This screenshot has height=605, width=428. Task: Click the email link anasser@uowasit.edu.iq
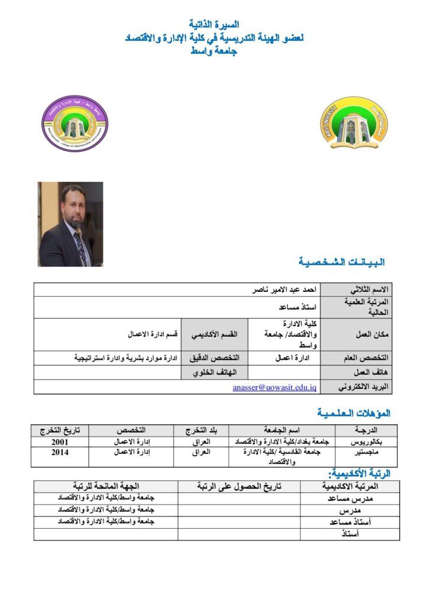[x=275, y=388]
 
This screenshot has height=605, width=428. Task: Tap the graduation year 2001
[x=60, y=441]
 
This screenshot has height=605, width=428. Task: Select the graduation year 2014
[x=60, y=453]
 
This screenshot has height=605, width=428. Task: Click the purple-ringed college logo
[x=74, y=125]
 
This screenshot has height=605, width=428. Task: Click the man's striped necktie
[x=80, y=245]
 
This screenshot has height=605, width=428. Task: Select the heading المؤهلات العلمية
[x=353, y=412]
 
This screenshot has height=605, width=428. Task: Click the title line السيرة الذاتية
[x=213, y=25]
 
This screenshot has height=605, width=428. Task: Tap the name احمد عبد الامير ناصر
[x=283, y=290]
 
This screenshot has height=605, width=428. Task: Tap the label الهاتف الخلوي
[x=215, y=373]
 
